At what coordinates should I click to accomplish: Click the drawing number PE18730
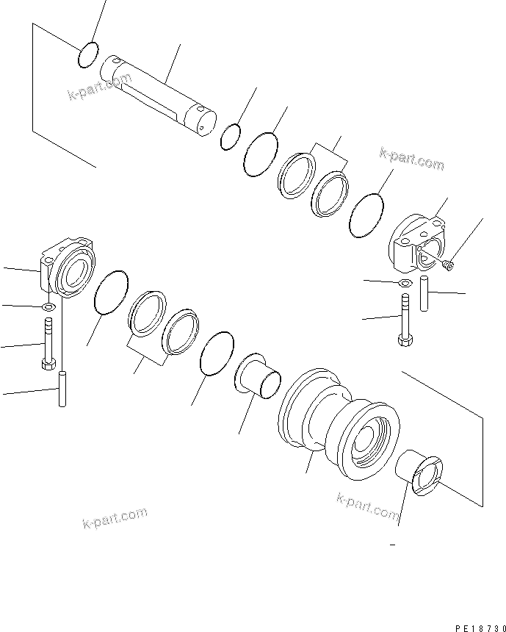click(475, 608)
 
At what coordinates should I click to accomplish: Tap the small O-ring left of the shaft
click(87, 55)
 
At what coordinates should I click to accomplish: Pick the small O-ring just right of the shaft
click(231, 135)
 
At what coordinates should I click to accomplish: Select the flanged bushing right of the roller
click(421, 473)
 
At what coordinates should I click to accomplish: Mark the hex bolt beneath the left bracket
click(48, 345)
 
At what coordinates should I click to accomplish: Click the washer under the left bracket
click(48, 306)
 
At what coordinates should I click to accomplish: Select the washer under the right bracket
click(403, 283)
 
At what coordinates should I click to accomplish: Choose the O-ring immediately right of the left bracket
click(112, 292)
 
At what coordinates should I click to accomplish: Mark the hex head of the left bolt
click(48, 363)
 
